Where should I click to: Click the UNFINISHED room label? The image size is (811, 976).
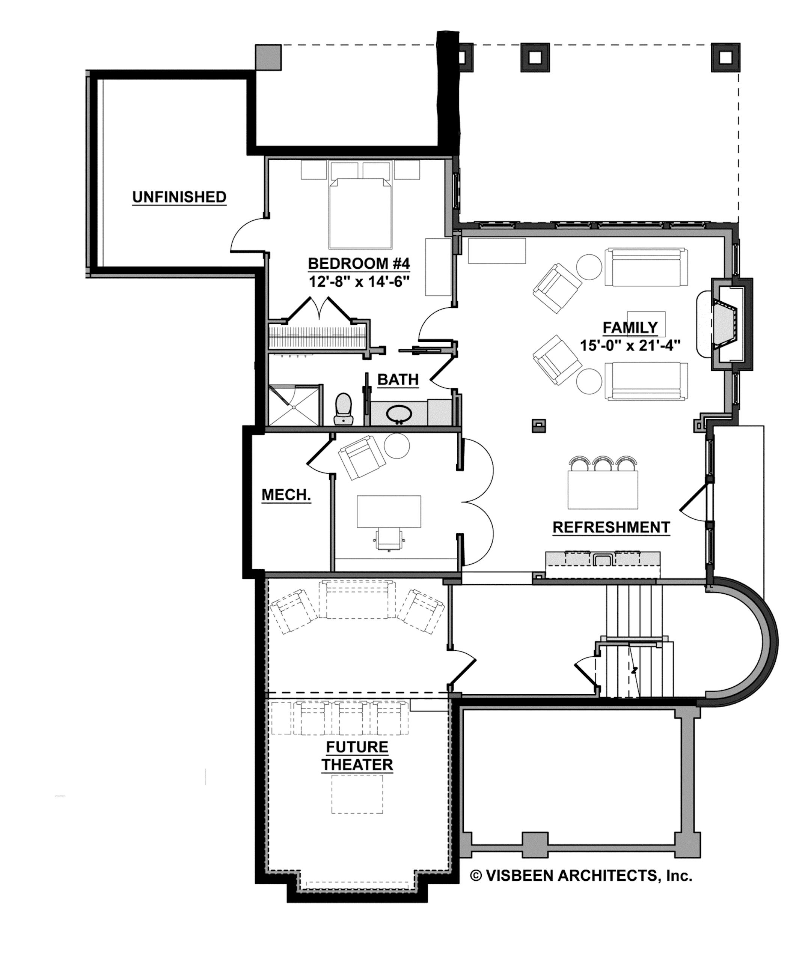[x=179, y=197]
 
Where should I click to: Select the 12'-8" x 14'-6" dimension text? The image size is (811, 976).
[x=359, y=282]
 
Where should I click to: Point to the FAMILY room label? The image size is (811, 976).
[x=630, y=328]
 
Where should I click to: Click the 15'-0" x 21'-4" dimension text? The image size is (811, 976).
[x=630, y=346]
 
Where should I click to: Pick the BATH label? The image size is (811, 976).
[x=398, y=380]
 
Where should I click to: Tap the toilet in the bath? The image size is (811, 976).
[x=344, y=409]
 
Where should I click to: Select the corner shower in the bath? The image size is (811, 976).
[x=295, y=405]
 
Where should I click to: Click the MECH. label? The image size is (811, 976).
[x=286, y=495]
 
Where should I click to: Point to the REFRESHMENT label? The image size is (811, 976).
[x=611, y=528]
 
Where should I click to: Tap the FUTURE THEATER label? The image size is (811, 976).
[x=357, y=756]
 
